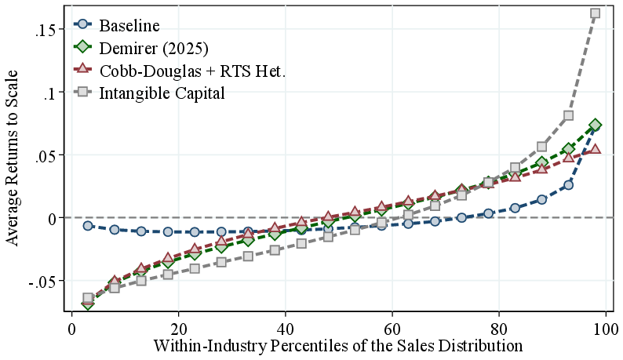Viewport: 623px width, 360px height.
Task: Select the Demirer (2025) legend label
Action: tap(153, 49)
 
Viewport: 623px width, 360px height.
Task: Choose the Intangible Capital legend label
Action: tap(162, 93)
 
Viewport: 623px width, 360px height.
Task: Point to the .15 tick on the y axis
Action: tap(45, 29)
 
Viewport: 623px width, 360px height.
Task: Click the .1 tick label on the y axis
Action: tap(49, 92)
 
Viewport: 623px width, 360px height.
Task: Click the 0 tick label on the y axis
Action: tap(52, 217)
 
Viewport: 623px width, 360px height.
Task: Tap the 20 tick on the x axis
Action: tap(179, 328)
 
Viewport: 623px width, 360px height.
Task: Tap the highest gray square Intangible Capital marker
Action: tap(595, 13)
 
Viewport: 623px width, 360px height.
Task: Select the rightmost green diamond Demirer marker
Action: tap(595, 125)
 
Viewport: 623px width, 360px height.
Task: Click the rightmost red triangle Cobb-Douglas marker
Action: tap(595, 148)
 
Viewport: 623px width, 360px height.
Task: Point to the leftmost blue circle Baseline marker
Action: tap(88, 225)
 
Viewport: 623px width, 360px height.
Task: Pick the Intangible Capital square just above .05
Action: tap(541, 147)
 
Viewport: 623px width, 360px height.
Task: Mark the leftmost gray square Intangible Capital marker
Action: tap(88, 298)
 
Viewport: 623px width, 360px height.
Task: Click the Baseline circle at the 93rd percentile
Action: tap(568, 185)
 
